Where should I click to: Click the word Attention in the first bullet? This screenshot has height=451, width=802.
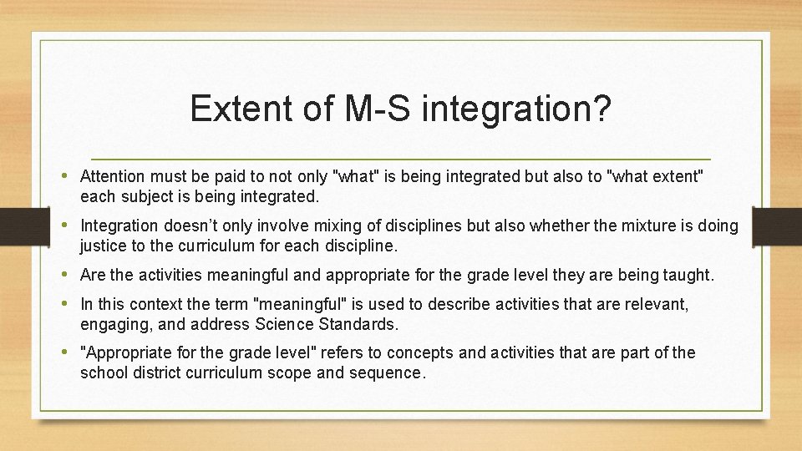coord(112,176)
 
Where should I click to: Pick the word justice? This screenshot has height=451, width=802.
coord(103,246)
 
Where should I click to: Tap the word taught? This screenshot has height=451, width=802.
coord(688,274)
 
